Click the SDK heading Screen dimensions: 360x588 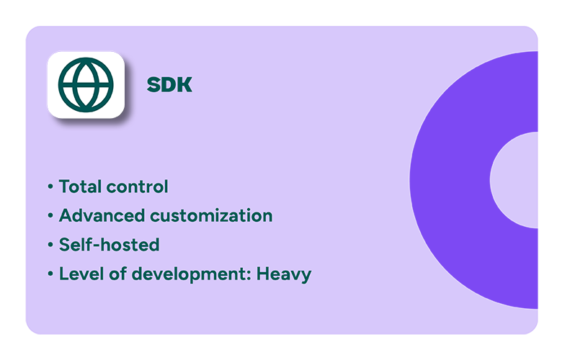pos(169,85)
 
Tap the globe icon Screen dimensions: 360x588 pos(86,84)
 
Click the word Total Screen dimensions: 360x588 pos(79,186)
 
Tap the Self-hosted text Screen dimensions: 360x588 pos(109,245)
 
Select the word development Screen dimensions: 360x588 pos(182,275)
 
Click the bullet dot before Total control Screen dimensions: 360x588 pos(50,187)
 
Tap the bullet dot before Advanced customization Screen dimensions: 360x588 pos(50,216)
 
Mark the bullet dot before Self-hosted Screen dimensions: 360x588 pos(50,246)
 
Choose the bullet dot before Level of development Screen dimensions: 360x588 pos(50,274)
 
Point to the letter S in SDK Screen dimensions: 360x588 pos(153,85)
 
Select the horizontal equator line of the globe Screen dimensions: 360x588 pos(72,84)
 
